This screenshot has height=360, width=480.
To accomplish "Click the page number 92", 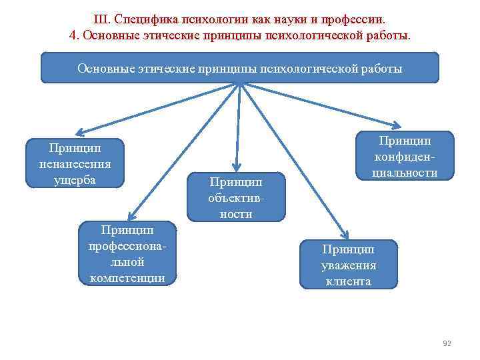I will coord(447,343).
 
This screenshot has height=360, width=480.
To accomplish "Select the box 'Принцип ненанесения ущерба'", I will coord(75,163).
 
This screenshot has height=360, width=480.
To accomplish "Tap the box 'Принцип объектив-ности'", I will coord(236,197).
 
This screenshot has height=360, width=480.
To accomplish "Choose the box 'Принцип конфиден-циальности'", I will coord(405,156).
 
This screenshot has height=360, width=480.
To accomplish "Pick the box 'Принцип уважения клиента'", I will coord(348,265).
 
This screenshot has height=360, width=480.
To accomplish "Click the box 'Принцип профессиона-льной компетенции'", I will coord(127,253).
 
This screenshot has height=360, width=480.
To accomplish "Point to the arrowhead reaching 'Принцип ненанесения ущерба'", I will coord(77,133).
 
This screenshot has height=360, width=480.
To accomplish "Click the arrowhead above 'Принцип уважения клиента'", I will coord(345,233).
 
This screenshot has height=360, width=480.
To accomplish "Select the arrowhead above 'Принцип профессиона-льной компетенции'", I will coord(132,215).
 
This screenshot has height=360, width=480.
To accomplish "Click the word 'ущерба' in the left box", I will coord(75,179).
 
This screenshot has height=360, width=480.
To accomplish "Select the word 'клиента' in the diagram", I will coord(349,281).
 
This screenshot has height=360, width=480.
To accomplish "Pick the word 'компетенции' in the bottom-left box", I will coord(127,277).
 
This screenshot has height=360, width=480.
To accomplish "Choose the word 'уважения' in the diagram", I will coord(349,265).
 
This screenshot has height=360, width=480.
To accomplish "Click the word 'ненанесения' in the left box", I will coord(75,163).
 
